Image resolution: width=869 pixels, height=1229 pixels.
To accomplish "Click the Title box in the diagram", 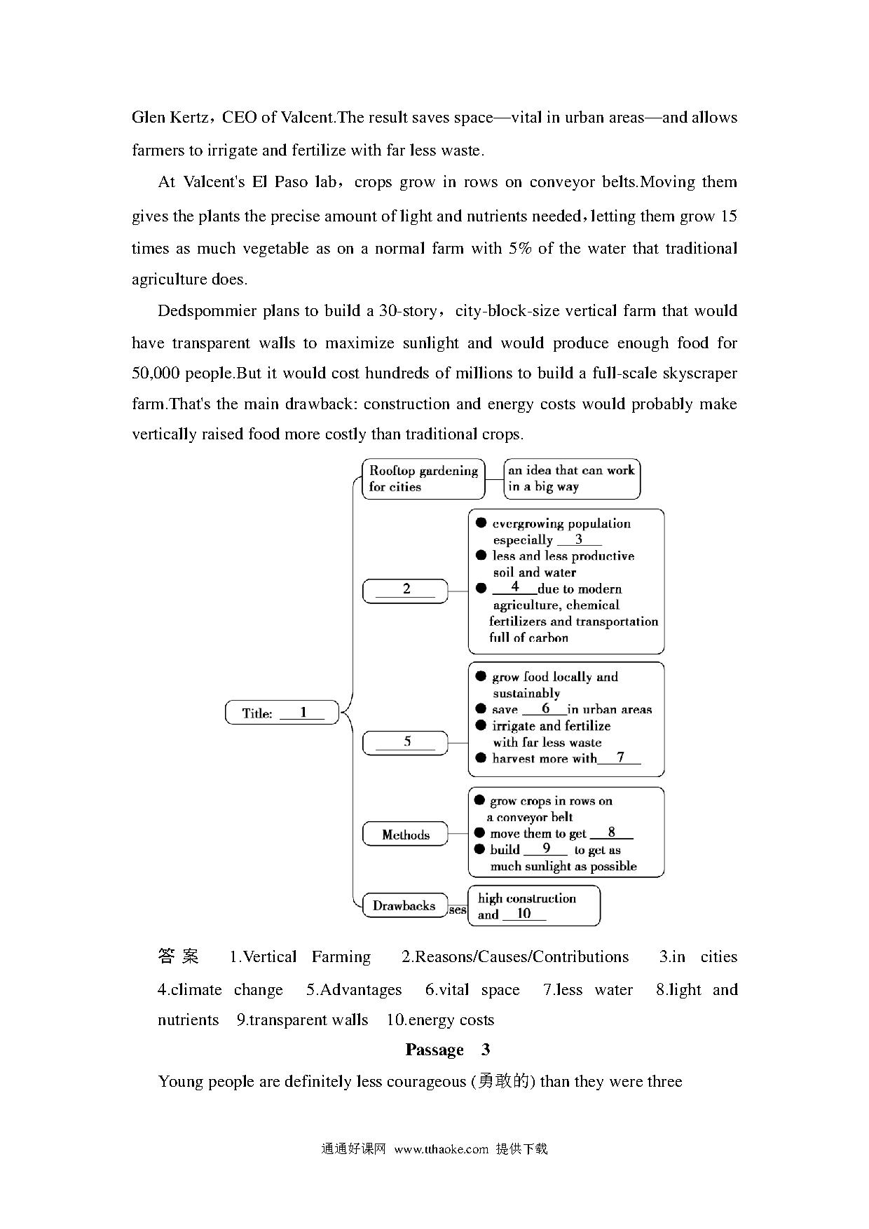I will point(282,713).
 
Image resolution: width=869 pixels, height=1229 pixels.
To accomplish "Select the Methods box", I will point(405,835).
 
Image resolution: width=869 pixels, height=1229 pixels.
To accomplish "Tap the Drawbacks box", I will point(404,905).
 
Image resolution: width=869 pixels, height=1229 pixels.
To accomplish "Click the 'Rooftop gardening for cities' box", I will point(423,479).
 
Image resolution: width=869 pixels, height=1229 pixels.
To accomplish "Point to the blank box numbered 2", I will point(405,590).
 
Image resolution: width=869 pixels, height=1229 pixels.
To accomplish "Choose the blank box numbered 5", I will point(405,743).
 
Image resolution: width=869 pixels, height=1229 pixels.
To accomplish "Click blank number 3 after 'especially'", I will point(579,540).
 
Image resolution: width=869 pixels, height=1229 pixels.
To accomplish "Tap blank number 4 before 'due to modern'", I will point(515,587).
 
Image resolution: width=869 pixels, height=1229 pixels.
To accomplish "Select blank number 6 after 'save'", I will point(545,709).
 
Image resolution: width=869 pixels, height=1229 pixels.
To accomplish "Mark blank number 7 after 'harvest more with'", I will point(620,757).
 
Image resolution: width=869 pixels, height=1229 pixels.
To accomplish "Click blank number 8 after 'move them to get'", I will point(611,833).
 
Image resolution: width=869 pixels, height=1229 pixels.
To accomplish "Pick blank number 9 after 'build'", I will point(546,849).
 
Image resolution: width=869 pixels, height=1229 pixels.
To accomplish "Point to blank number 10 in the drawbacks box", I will point(524,914).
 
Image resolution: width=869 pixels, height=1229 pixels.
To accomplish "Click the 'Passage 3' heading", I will point(447,1050).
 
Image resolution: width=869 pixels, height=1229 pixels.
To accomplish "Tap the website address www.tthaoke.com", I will point(441,1149).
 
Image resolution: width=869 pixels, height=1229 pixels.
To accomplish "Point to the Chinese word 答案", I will point(179,956).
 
